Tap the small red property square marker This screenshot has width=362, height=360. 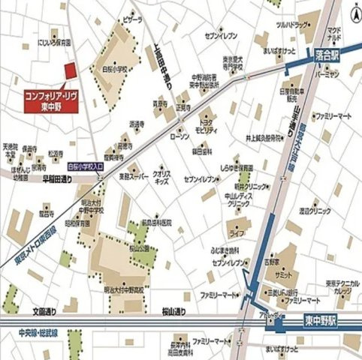click(70, 70)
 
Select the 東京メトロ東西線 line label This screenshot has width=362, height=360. click(35, 238)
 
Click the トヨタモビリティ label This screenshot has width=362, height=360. click(206, 125)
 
